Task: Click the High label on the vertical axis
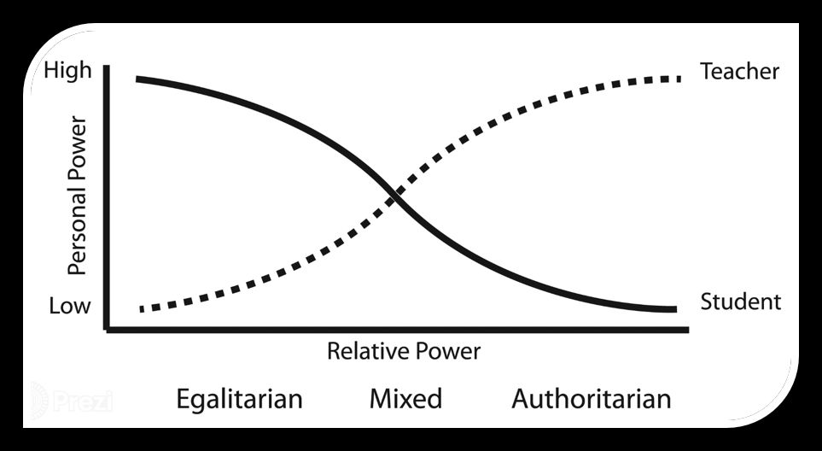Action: [67, 70]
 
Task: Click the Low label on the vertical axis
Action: [69, 305]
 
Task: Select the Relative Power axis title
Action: [404, 350]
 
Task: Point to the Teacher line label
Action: [739, 72]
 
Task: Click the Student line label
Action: [740, 302]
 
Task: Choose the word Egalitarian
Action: [239, 399]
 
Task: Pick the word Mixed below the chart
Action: [405, 399]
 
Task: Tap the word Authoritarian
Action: [591, 399]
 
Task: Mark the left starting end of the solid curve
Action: [137, 79]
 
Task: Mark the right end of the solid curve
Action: [675, 308]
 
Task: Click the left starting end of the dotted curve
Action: [142, 308]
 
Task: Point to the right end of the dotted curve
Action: [679, 79]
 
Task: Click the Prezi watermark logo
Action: [73, 400]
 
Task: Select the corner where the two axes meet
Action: [106, 328]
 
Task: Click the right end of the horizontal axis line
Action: [688, 328]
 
